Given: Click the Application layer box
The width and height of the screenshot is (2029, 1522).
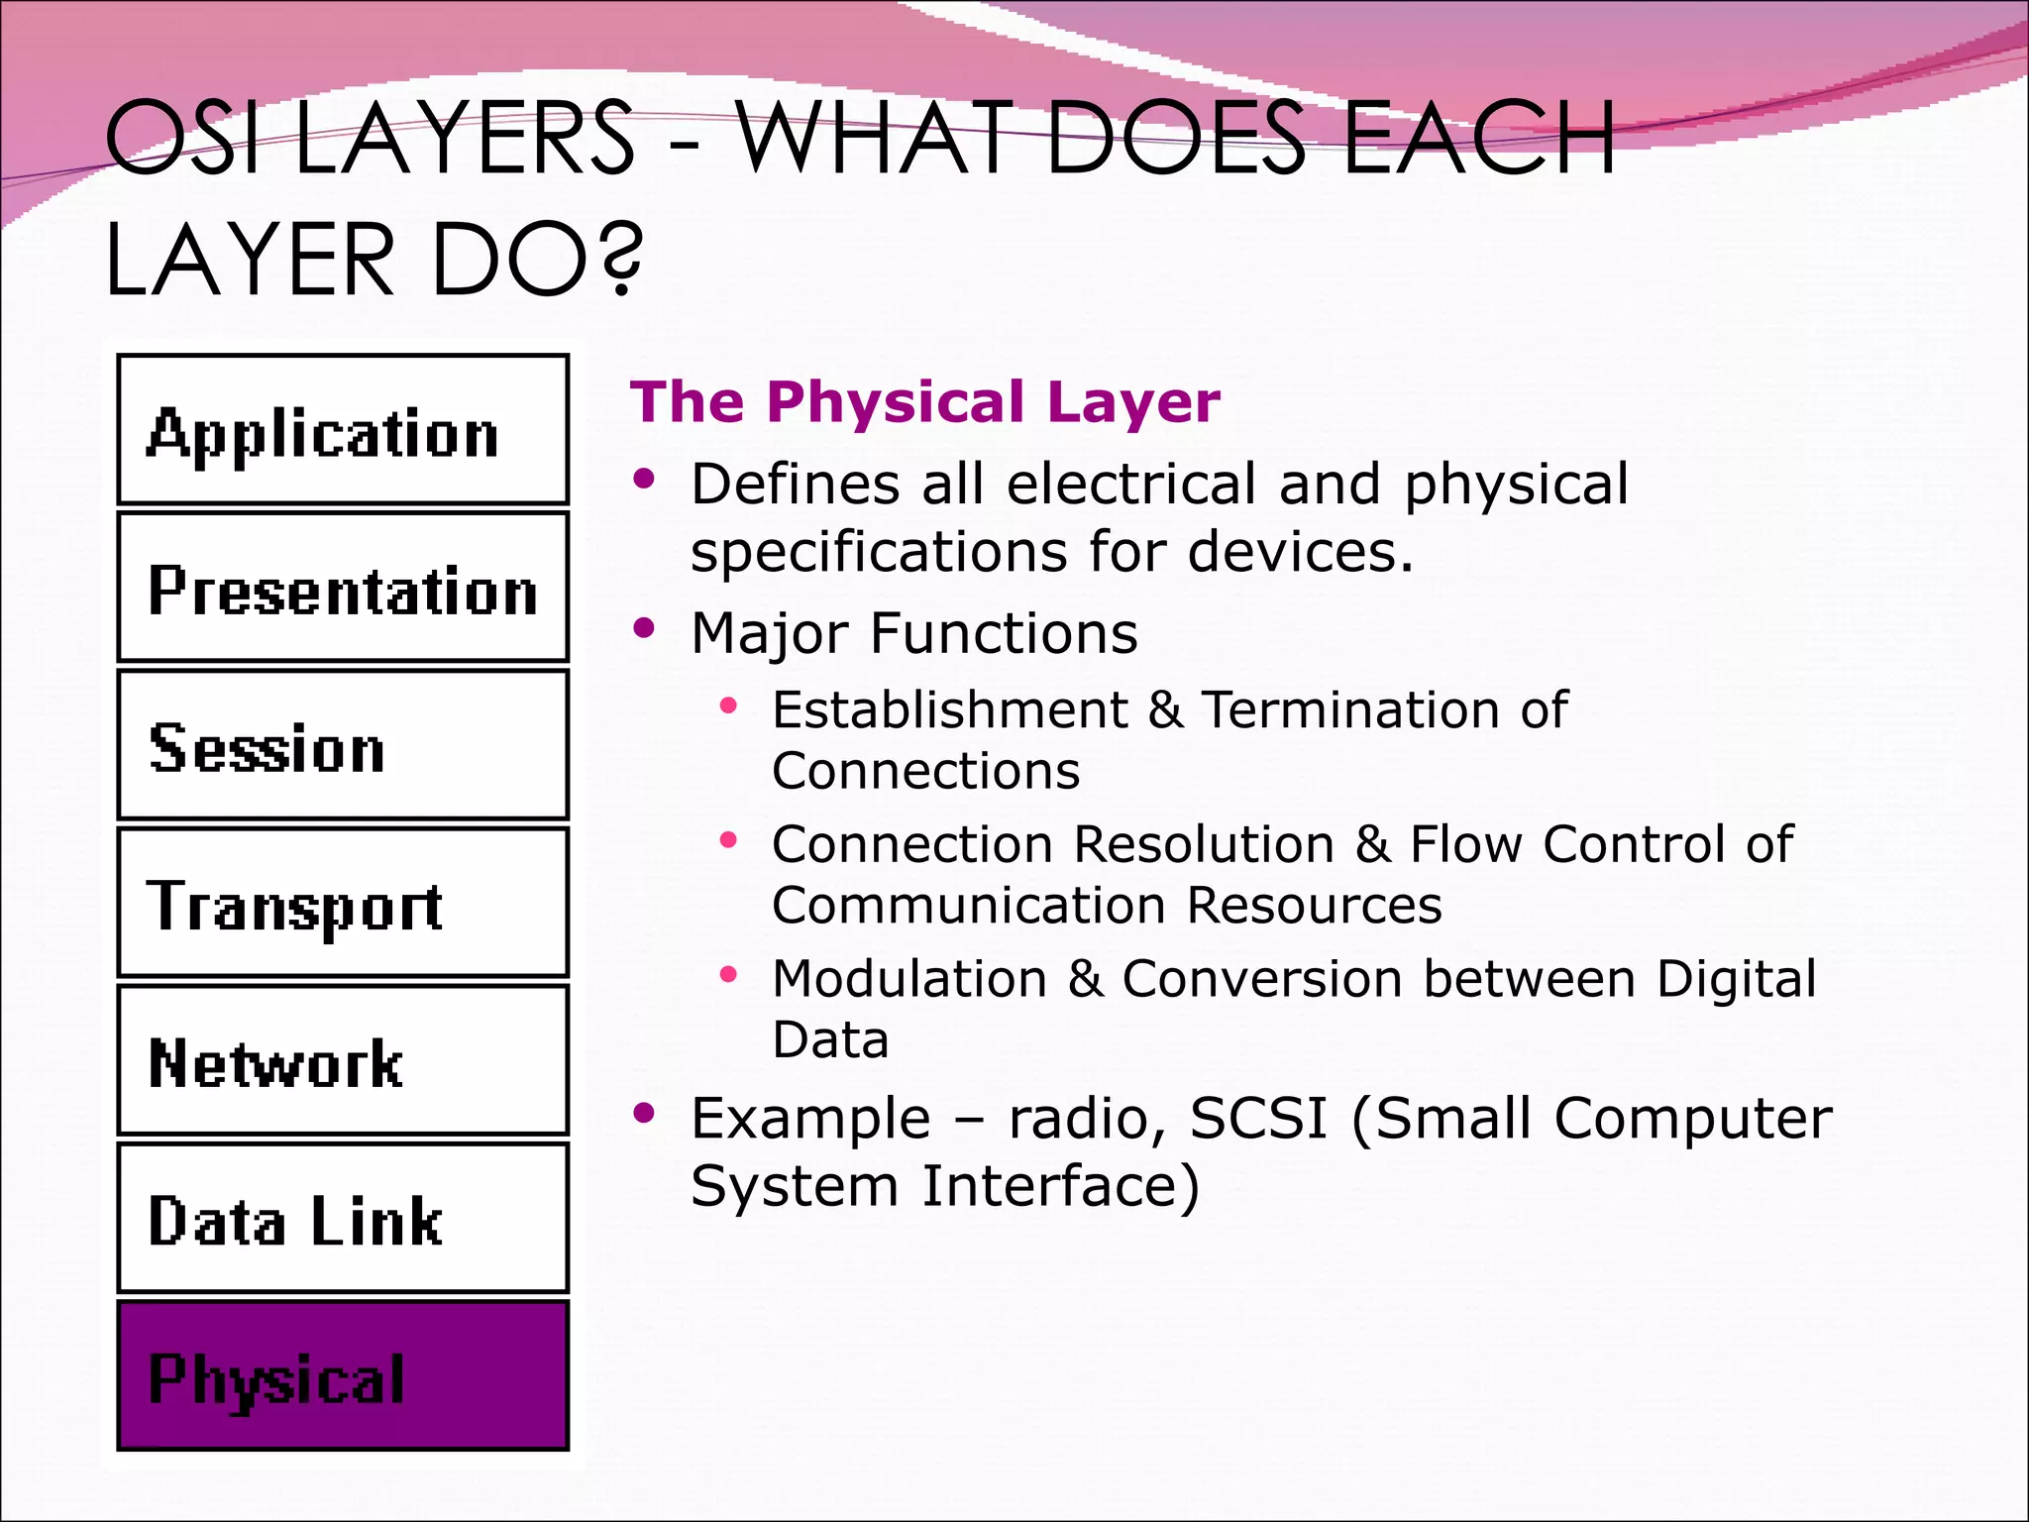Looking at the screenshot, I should click(x=343, y=430).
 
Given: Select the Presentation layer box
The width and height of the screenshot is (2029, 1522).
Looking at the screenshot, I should click(x=343, y=588).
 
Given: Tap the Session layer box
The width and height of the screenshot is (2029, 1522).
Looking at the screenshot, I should click(x=343, y=745).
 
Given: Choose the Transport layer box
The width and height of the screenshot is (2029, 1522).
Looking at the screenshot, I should click(x=343, y=903).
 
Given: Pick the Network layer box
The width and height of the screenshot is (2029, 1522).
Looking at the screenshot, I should click(x=343, y=1060).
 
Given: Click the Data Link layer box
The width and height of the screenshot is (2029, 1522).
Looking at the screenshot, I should click(x=343, y=1218).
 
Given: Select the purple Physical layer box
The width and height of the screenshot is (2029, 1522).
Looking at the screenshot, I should click(x=343, y=1375).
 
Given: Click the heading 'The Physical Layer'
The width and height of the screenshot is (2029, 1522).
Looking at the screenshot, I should click(x=924, y=402).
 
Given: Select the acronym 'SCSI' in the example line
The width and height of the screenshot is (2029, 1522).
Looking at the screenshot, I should click(x=1257, y=1119).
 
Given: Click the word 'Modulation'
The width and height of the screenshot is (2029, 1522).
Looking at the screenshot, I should click(x=908, y=979).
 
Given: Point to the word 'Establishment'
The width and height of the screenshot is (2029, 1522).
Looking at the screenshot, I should click(x=949, y=710).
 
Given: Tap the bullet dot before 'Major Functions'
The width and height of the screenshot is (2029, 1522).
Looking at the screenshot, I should click(x=645, y=628).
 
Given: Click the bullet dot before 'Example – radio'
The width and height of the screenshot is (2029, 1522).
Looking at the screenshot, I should click(x=645, y=1114).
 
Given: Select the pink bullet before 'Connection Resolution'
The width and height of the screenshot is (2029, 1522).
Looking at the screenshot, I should click(x=729, y=840).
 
